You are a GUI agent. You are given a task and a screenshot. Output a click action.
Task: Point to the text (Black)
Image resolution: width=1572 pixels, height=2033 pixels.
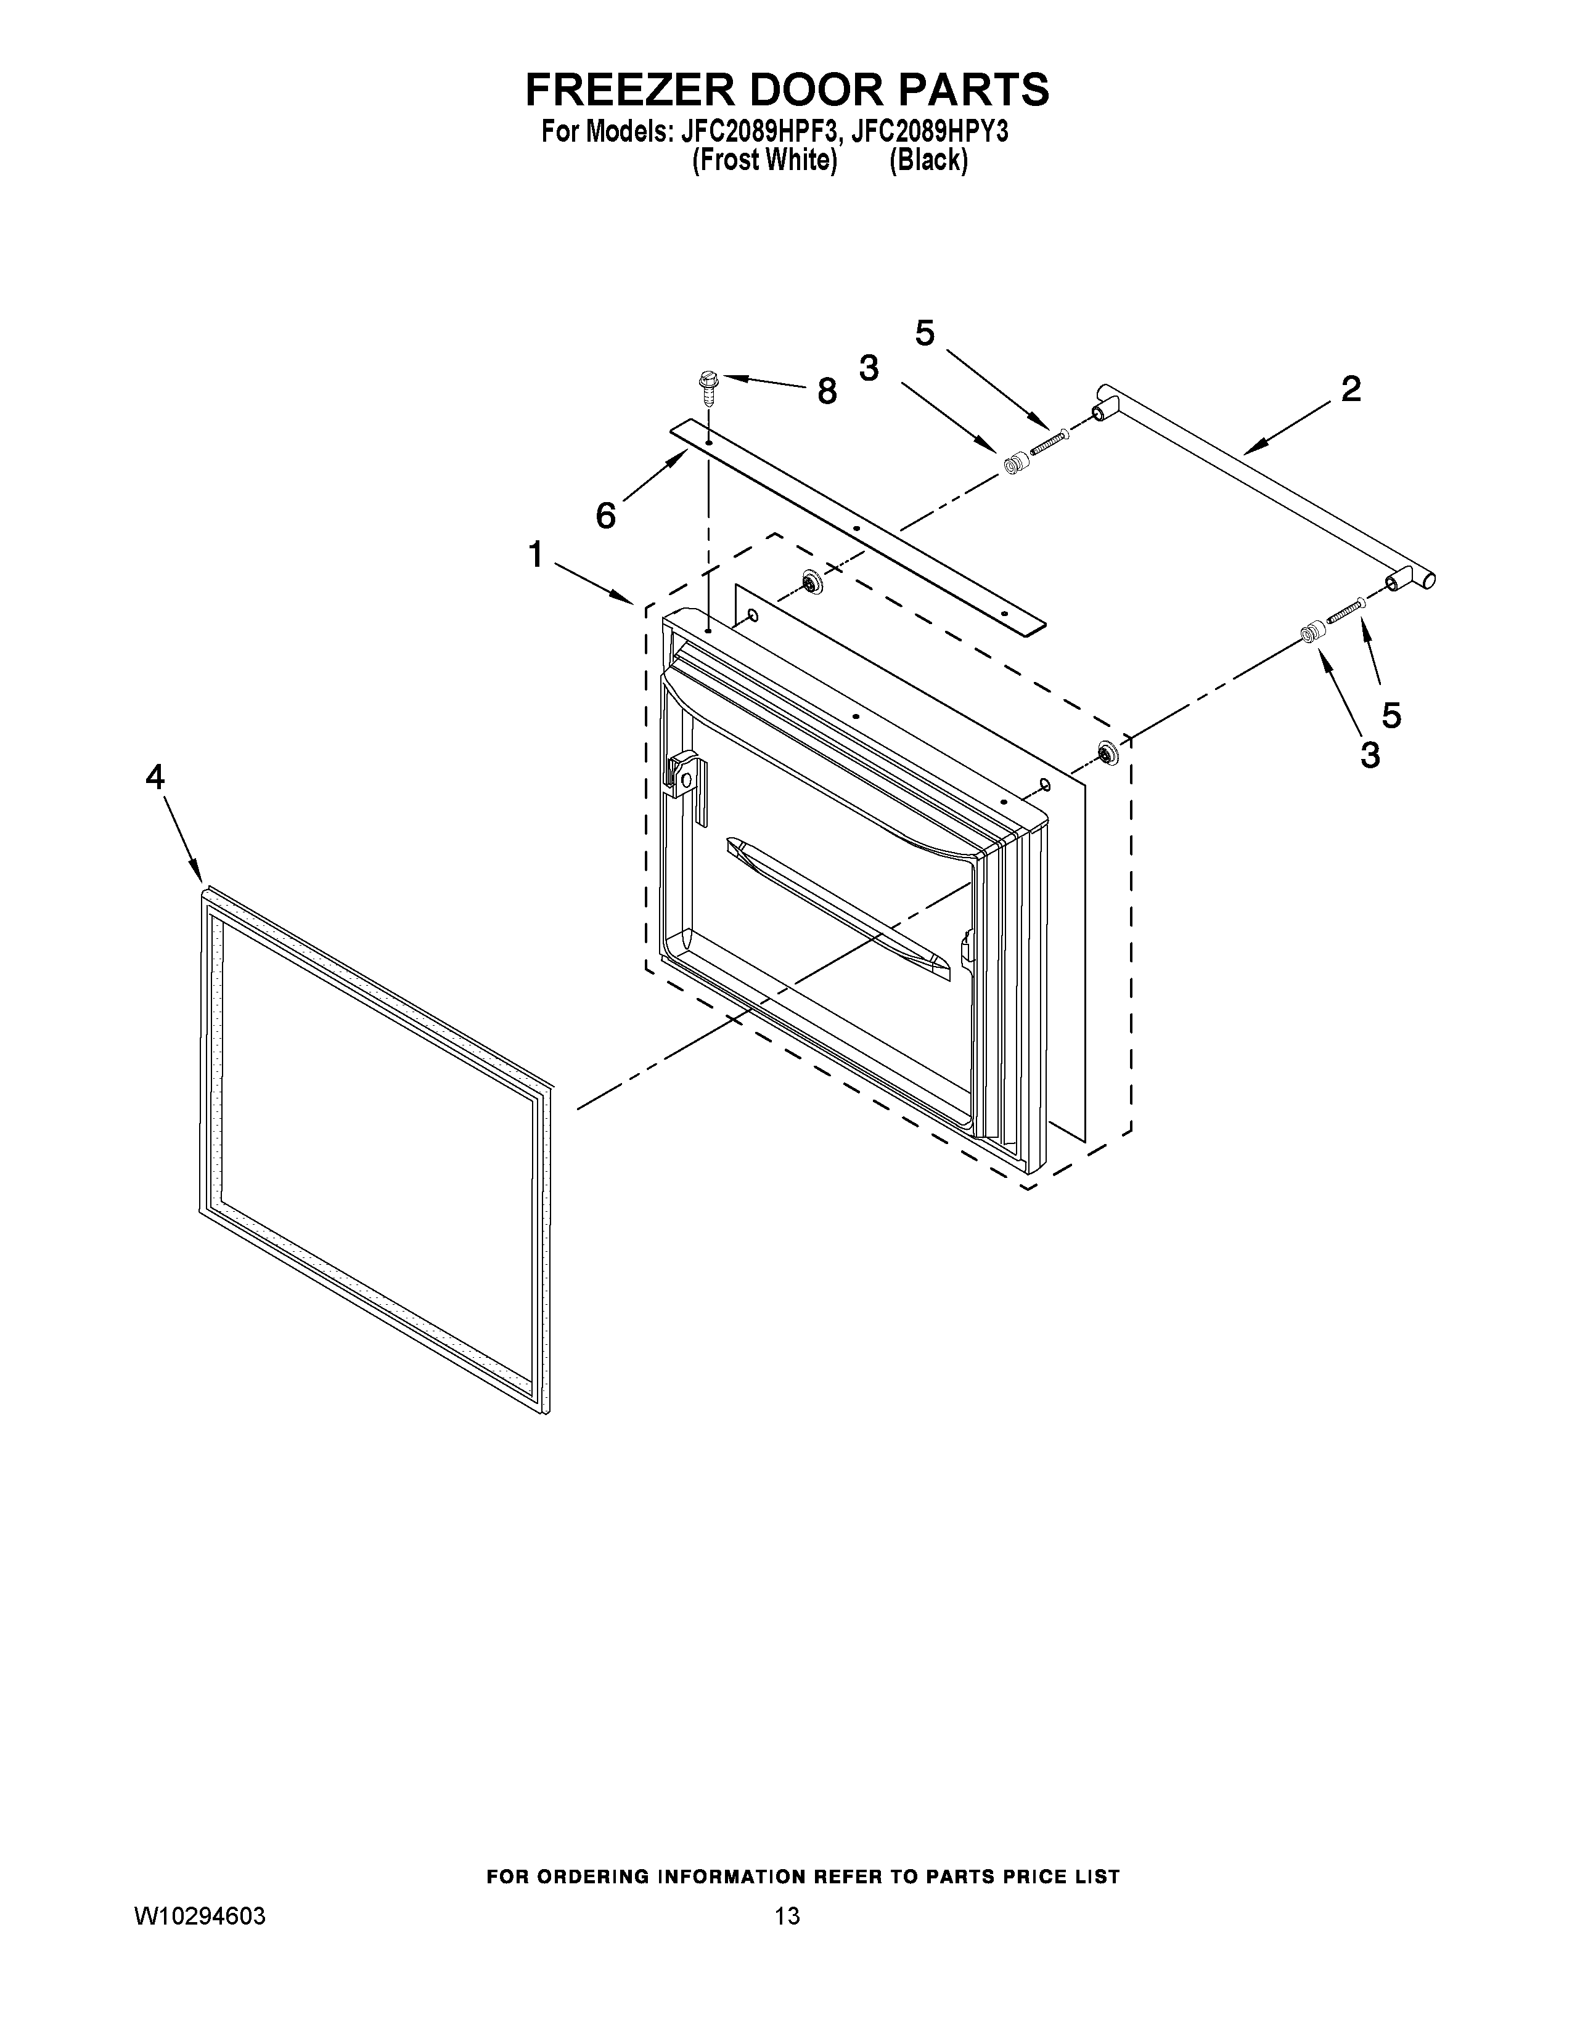pos(928,160)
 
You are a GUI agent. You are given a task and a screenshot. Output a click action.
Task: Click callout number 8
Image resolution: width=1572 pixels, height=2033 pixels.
pos(826,392)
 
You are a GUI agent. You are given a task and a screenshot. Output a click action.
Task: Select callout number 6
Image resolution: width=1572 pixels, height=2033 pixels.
pos(606,515)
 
